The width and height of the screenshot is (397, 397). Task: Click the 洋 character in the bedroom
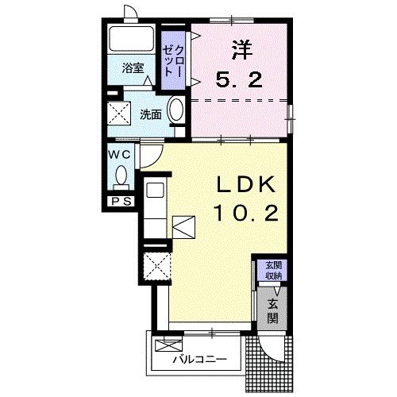(242, 49)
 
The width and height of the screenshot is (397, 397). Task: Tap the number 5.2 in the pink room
(239, 79)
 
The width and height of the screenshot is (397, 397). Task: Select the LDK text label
(246, 184)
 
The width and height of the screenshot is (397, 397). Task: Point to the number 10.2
(246, 214)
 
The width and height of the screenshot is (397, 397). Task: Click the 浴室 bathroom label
(133, 68)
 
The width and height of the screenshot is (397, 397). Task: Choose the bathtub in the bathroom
(132, 38)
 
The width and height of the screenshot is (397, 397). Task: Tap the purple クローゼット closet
(173, 60)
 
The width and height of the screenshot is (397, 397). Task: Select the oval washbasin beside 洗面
(176, 110)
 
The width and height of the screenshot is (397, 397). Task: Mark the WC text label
(120, 155)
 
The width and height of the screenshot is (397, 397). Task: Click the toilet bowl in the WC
(121, 175)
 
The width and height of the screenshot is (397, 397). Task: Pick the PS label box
(121, 202)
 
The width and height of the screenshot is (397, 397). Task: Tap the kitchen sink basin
(156, 190)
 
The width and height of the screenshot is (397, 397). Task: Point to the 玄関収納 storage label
(274, 271)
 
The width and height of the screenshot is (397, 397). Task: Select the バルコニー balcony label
(200, 360)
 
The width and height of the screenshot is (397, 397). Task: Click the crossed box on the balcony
(168, 345)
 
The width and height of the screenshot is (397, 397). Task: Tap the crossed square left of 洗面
(119, 113)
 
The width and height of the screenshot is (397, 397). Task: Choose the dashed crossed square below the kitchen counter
(157, 266)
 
